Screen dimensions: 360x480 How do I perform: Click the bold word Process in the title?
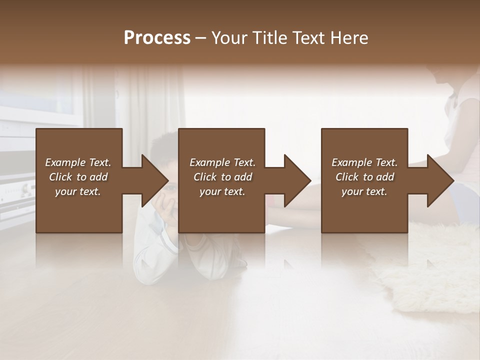tap(157, 38)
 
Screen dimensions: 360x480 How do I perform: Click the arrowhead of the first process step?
tap(155, 180)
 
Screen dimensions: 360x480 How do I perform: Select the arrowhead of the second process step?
tap(297, 180)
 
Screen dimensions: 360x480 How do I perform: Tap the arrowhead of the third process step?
tap(440, 180)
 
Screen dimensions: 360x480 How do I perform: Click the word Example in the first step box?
tap(65, 162)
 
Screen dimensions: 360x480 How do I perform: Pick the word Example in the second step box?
tap(209, 162)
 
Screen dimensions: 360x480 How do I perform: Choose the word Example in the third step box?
tap(351, 162)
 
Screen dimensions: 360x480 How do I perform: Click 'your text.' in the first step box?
tap(78, 191)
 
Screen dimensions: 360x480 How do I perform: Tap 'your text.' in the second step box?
tap(222, 191)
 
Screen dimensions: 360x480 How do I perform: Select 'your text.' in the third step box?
tap(364, 191)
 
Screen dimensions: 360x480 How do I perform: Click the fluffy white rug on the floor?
tap(430, 270)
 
